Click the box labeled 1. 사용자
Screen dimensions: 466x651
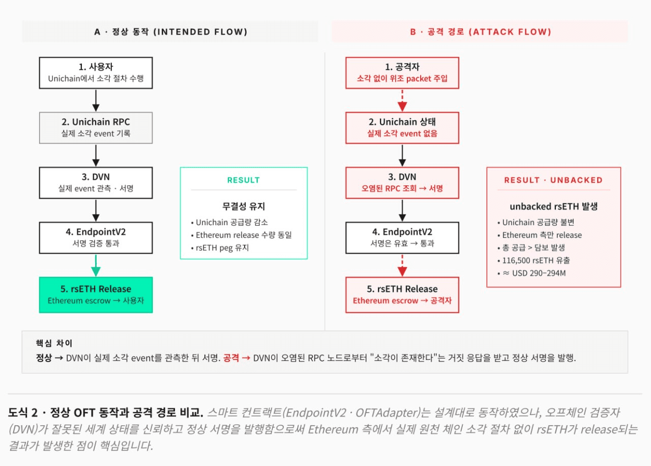point(96,73)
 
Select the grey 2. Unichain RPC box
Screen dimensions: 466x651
point(96,128)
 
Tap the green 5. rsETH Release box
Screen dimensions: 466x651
point(96,294)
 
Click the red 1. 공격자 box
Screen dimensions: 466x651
point(402,73)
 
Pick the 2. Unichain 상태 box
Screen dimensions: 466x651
point(402,128)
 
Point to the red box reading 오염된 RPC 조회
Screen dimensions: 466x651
point(402,183)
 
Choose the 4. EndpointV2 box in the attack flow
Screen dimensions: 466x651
point(402,238)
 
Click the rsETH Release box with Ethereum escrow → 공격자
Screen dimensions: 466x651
point(402,294)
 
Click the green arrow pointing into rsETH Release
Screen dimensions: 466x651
point(96,265)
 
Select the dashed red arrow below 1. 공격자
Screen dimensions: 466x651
point(402,100)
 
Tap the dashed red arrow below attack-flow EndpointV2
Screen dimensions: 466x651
point(402,265)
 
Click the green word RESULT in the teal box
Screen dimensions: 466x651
point(243,180)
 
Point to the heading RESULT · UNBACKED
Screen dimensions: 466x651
point(553,180)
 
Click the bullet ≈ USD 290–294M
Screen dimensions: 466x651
point(534,273)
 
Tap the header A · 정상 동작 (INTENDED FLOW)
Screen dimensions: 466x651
point(170,32)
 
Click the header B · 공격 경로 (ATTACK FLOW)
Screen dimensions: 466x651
point(480,32)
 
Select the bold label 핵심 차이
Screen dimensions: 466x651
point(54,343)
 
